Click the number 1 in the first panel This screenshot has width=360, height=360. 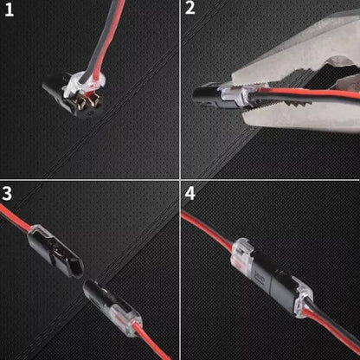pyautogui.click(x=10, y=11)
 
